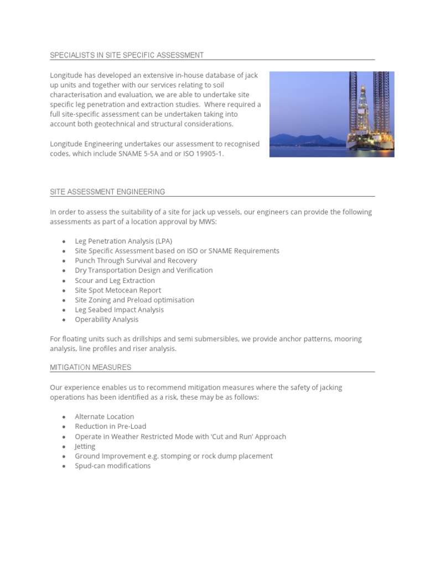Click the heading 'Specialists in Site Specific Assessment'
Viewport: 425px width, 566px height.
coord(127,55)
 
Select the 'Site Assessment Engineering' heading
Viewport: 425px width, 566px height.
coord(107,192)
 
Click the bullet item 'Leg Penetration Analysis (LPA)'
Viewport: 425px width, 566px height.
coord(123,241)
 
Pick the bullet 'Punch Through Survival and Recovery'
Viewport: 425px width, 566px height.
coord(136,260)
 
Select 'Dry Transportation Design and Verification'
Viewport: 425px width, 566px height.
coord(143,270)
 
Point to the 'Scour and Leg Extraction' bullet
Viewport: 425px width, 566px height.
coord(115,280)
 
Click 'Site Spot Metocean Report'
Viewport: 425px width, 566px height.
coord(118,290)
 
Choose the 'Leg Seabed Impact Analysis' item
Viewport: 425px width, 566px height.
coord(119,310)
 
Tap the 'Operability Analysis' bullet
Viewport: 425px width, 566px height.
coord(107,319)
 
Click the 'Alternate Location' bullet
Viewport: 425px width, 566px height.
coord(104,417)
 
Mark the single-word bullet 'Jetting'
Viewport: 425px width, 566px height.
coord(85,446)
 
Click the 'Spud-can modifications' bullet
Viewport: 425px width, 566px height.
coord(112,466)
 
